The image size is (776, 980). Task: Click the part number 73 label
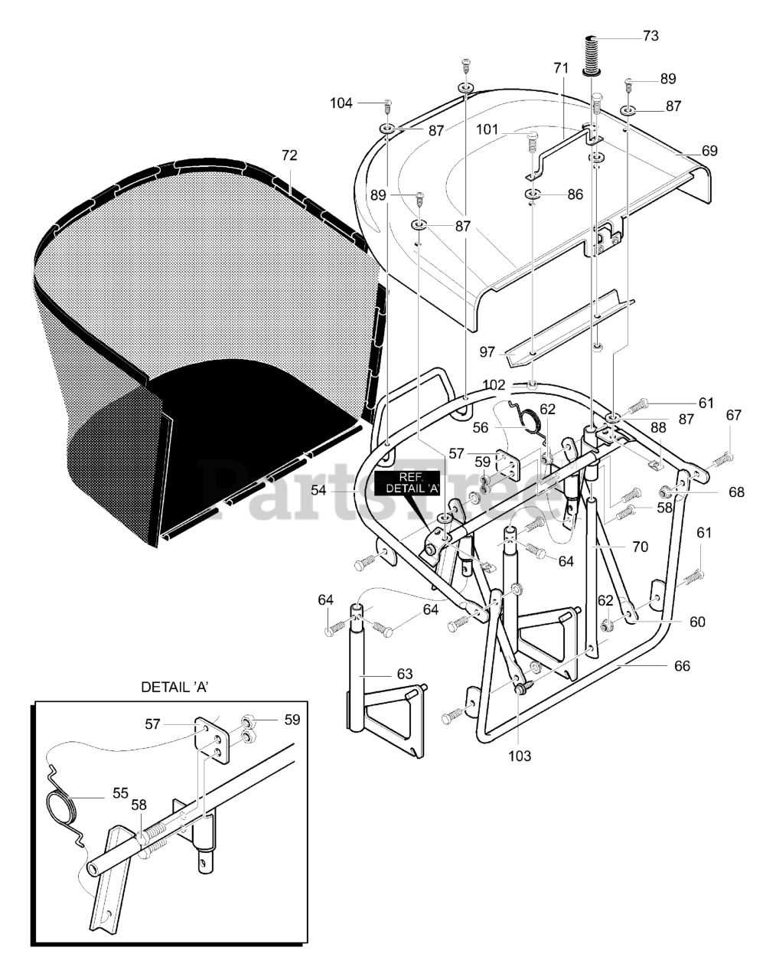point(650,36)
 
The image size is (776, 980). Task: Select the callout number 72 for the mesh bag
point(289,155)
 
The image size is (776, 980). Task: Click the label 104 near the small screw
point(341,103)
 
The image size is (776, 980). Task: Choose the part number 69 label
point(709,151)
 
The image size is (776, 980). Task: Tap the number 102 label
point(494,385)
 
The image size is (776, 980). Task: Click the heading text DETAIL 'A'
point(175,687)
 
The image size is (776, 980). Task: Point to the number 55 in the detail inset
point(120,792)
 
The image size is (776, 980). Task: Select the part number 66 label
point(681,666)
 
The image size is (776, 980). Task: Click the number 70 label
point(640,547)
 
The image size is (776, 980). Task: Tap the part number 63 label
point(404,674)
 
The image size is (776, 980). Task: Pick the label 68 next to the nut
point(735,492)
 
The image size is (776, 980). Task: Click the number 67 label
point(734,415)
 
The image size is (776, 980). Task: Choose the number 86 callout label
point(575,194)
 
